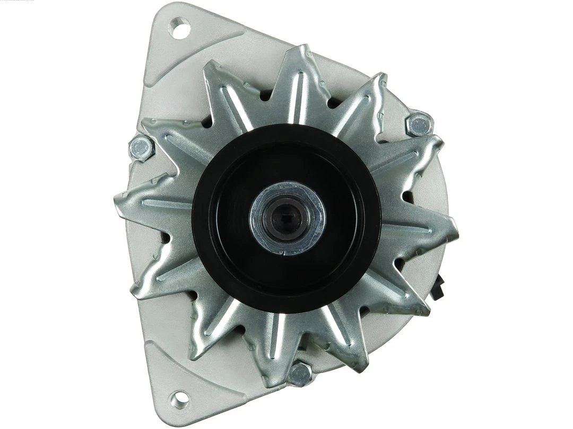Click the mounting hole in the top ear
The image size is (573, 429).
(x=180, y=27)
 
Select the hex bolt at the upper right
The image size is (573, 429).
(x=419, y=124)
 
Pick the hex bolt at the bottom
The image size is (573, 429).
(x=300, y=374)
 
